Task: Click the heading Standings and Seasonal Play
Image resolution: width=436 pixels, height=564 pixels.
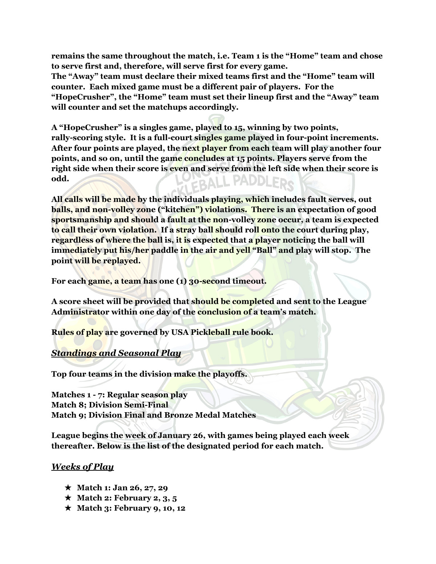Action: (x=116, y=353)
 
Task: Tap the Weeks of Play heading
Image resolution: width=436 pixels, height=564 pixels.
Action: (x=82, y=467)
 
